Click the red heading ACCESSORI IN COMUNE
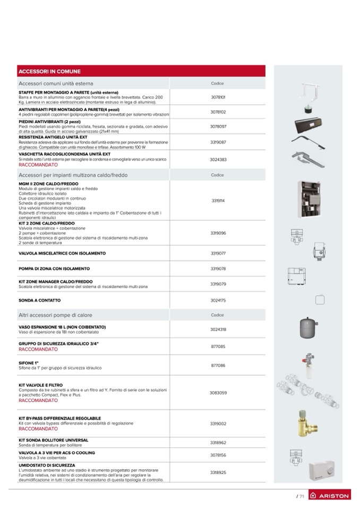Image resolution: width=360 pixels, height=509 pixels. [49, 71]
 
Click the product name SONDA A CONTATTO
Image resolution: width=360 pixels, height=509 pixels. [39, 300]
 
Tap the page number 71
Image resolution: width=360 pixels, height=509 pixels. [301, 496]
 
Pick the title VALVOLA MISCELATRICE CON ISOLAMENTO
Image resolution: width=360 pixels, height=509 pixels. [62, 253]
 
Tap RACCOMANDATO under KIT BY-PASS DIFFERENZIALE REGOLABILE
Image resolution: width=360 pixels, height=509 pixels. [38, 428]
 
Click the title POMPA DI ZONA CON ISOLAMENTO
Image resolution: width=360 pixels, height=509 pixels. [54, 269]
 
